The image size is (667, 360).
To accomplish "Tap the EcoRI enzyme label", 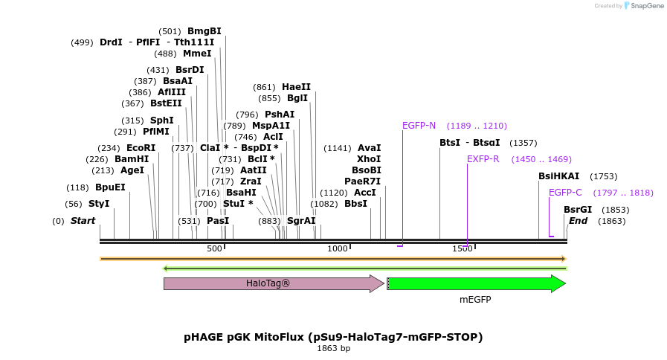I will pos(141,148).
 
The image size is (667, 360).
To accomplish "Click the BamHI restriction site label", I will pos(131,159).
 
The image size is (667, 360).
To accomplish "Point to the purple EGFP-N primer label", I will pos(419,126).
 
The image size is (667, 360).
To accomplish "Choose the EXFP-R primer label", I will pos(483,159).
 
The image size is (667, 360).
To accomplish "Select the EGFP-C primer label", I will pos(565,193).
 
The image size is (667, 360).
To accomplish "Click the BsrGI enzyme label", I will pos(578,210).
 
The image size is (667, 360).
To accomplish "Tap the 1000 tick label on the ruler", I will pos(338,248).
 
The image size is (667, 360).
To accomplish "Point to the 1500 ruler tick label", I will pos(463,248).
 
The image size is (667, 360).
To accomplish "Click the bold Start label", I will pos(83,221).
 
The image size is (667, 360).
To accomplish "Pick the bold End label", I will pos(578,221).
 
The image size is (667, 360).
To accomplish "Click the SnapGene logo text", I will pos(644,6).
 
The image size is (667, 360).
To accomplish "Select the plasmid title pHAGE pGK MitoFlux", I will pos(333,337).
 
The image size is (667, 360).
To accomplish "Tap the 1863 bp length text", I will pos(333,348).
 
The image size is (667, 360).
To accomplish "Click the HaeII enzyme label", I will pos(296,87).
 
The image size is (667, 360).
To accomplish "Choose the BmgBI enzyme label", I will pos(204,31).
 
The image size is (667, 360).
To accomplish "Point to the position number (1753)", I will pos(603,176).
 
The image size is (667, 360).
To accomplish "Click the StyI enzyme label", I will pos(99,204).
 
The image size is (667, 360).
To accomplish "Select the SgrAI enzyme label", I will pos(301,221).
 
